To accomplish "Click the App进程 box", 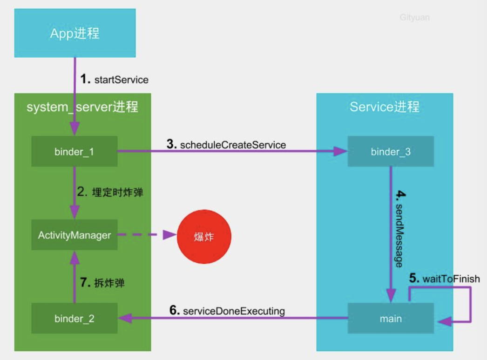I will tap(74, 33).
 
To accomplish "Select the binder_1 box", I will tap(74, 151).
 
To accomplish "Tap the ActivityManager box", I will tap(74, 235).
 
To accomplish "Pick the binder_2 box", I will tap(74, 319).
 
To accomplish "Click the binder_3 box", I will tap(391, 151).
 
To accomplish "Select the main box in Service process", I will tap(391, 319).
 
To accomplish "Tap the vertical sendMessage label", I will tap(399, 234).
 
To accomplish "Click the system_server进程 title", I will tap(82, 107).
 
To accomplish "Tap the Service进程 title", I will tap(385, 107).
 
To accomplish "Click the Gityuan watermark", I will tap(414, 18).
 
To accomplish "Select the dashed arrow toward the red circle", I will tap(144, 235).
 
